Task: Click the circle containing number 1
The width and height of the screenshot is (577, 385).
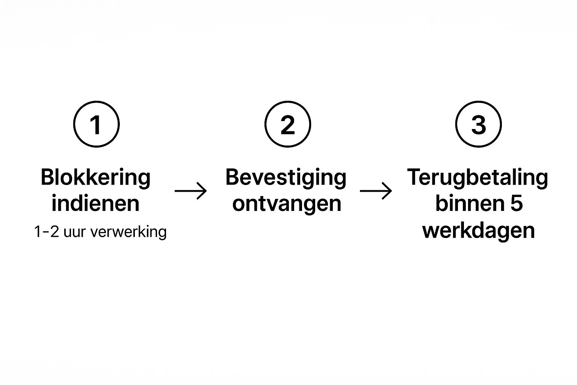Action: [96, 124]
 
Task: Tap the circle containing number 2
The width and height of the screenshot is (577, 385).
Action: [288, 124]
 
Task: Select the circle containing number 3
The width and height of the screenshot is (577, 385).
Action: [478, 124]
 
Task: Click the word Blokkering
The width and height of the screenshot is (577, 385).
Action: [95, 177]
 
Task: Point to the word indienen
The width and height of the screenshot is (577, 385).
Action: [95, 203]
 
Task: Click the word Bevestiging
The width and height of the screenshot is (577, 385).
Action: [286, 177]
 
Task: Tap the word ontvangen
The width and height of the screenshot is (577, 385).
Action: [287, 203]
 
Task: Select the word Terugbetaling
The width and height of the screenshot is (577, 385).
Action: [477, 177]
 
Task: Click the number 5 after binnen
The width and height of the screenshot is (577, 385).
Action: [517, 203]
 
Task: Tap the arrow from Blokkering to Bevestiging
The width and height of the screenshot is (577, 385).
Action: [190, 191]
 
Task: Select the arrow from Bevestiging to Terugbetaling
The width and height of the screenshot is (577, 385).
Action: [376, 191]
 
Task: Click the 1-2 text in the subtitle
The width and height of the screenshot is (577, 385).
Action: [46, 232]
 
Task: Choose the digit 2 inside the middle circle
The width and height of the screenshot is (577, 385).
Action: [288, 125]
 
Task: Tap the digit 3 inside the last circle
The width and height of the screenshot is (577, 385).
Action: [478, 125]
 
